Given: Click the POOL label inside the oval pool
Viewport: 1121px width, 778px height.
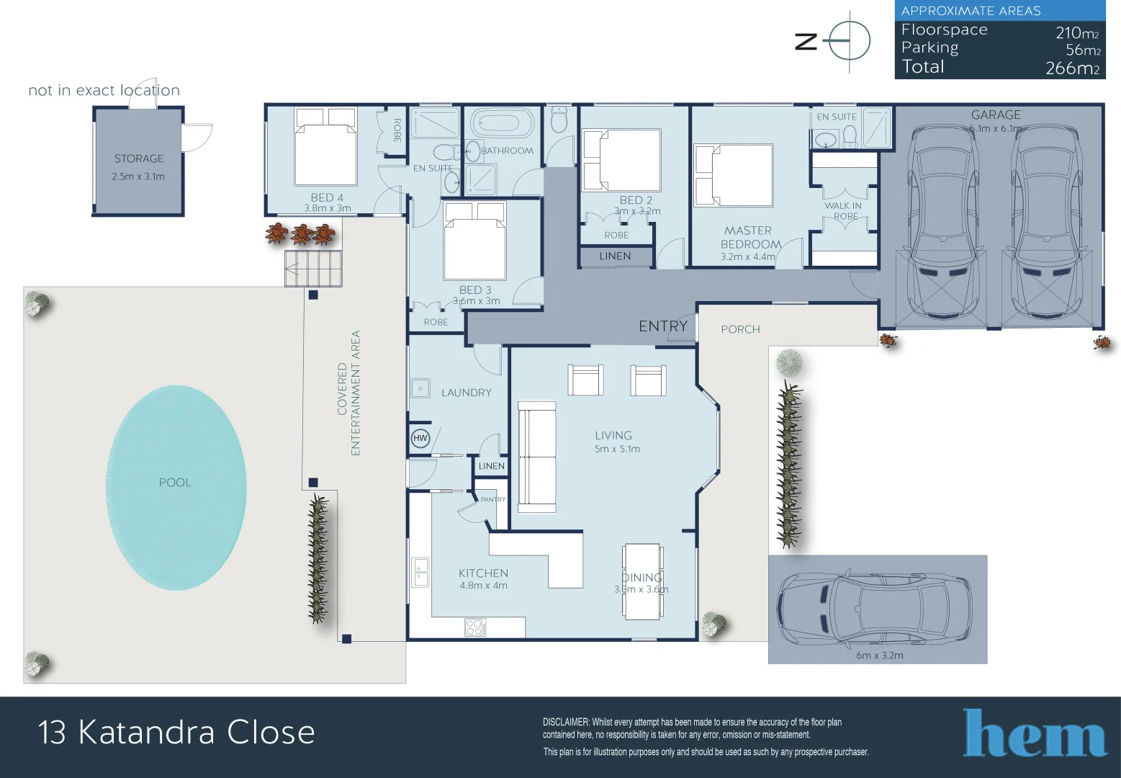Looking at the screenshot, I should (x=175, y=483).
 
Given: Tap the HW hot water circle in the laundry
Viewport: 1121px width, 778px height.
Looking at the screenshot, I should (x=420, y=438).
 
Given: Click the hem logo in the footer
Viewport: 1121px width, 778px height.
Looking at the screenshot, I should (x=1035, y=734).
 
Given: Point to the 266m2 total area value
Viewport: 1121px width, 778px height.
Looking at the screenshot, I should (x=1072, y=68).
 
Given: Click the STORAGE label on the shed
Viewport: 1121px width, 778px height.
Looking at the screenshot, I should (x=139, y=158).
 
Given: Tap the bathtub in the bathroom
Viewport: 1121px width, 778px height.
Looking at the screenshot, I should (x=503, y=123).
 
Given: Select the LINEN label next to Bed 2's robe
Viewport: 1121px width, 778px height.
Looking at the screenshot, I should (x=615, y=256).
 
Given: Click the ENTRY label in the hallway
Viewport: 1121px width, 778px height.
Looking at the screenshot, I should (x=663, y=326).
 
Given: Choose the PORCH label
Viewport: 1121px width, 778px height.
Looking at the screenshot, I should (x=740, y=329).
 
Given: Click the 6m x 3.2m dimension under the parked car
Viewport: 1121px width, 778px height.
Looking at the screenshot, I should (x=879, y=656).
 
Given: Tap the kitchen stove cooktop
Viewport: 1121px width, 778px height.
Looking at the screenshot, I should (x=474, y=627).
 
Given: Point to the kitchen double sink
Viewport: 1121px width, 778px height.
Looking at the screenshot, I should (x=420, y=573).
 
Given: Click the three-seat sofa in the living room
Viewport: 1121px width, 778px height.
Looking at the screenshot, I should (x=536, y=457).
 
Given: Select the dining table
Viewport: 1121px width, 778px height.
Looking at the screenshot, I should (x=642, y=581).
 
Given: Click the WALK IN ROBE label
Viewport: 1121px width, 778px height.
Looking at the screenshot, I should (x=843, y=210).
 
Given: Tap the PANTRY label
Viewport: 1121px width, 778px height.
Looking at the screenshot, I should (x=493, y=499).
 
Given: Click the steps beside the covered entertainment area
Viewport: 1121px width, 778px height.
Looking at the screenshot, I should (x=313, y=269).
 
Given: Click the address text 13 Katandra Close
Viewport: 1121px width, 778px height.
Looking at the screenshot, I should (x=176, y=733).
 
